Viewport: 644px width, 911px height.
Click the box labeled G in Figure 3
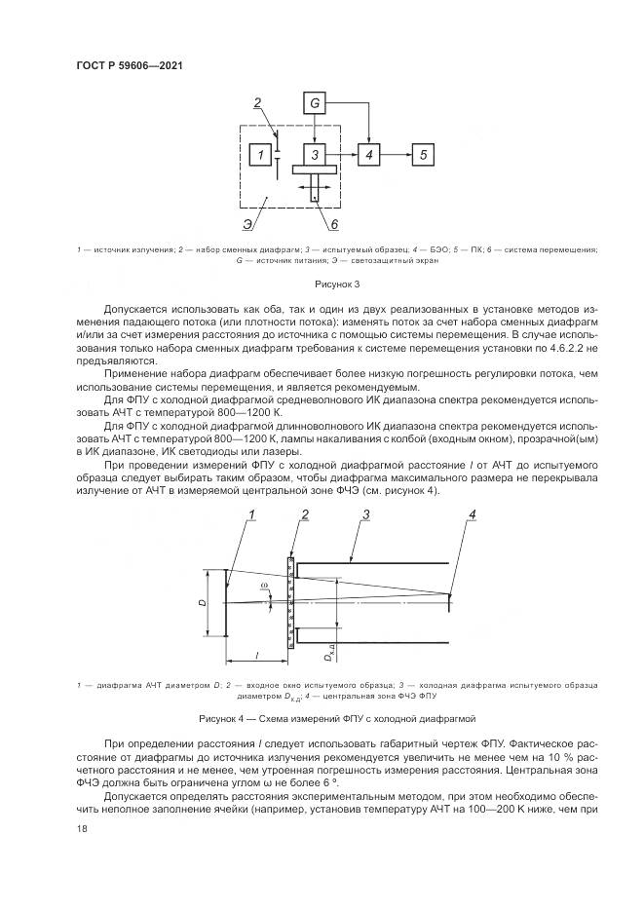coord(315,103)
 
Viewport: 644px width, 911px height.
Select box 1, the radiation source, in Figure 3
coord(259,154)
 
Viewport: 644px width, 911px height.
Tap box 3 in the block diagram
coord(315,154)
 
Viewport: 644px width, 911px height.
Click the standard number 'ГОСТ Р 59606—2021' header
coord(130,65)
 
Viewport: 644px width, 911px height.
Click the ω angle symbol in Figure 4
coord(263,587)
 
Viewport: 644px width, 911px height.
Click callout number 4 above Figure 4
coord(473,515)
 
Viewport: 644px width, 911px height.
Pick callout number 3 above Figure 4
coord(366,514)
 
